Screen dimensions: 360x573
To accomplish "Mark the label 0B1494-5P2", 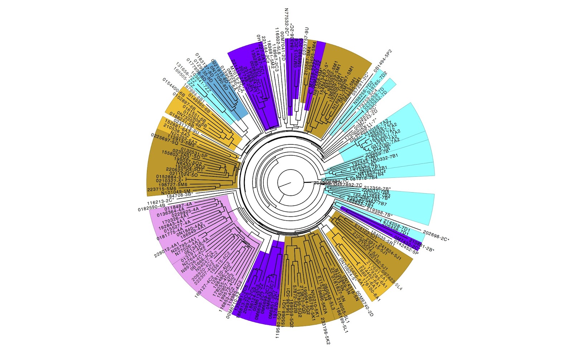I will click(x=383, y=61).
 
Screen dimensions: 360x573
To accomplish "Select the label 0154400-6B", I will click(x=173, y=88).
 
